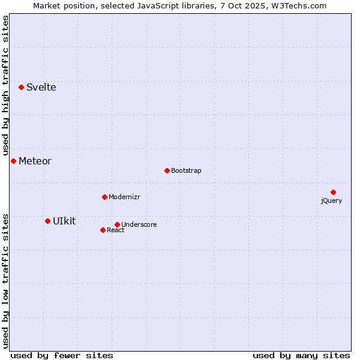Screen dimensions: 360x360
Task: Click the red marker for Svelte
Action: (x=22, y=87)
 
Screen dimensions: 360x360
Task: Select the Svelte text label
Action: (x=41, y=88)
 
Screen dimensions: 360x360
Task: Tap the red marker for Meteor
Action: (x=13, y=161)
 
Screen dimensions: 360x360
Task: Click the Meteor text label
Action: (x=35, y=161)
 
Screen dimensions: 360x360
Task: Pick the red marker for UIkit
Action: (x=48, y=221)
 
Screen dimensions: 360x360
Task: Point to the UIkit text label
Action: (x=64, y=221)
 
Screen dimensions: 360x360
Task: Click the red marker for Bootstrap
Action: (x=167, y=170)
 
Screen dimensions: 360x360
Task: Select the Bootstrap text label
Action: (x=186, y=171)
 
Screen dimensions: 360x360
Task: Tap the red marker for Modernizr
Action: (x=104, y=197)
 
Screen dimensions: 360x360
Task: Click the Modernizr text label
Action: (x=124, y=197)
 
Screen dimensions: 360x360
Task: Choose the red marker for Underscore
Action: (x=117, y=224)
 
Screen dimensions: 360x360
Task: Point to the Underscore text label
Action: (x=139, y=225)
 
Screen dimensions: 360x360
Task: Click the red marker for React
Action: (x=103, y=230)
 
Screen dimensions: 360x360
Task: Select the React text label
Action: (x=115, y=230)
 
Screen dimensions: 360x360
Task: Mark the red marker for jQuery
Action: (x=333, y=192)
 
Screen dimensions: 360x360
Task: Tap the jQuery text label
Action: (x=331, y=201)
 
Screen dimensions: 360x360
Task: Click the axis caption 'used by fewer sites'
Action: (x=62, y=355)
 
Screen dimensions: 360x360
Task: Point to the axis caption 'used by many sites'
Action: (x=301, y=355)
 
